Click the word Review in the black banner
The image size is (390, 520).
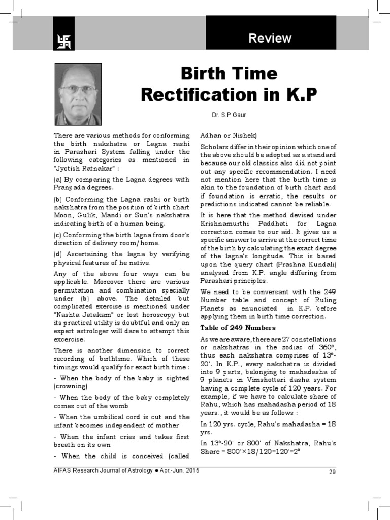tap(270, 38)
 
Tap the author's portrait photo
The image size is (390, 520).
tap(78, 94)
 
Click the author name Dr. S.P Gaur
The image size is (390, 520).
tap(229, 115)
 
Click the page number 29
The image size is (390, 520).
tap(333, 472)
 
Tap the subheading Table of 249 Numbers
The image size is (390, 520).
tap(238, 327)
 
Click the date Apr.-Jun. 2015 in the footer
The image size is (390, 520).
tap(179, 471)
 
